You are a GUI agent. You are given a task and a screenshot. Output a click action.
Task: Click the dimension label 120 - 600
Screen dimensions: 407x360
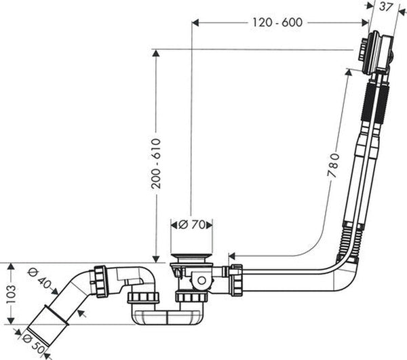pyautogui.click(x=277, y=22)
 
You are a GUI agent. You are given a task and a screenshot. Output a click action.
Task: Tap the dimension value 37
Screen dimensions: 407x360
pyautogui.click(x=385, y=7)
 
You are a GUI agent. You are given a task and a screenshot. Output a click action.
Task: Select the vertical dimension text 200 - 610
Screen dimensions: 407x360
pyautogui.click(x=156, y=163)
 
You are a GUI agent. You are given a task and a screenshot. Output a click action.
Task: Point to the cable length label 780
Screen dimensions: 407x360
pyautogui.click(x=334, y=165)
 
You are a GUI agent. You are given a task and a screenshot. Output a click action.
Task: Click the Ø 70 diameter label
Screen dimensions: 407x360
pyautogui.click(x=191, y=224)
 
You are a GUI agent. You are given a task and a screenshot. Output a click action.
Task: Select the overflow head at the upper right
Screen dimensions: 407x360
pyautogui.click(x=376, y=53)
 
